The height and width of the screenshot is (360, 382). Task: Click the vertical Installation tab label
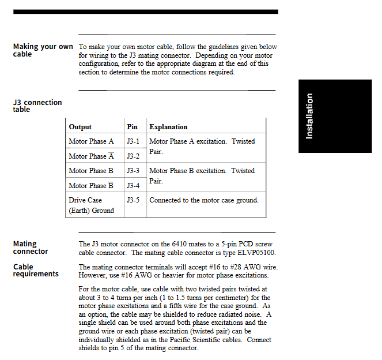point(309,116)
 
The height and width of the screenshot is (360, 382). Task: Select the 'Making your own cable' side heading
point(43,50)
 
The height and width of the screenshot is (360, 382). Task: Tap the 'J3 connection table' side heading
point(37,106)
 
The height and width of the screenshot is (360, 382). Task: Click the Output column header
point(80,127)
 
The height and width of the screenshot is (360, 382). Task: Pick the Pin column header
point(132,127)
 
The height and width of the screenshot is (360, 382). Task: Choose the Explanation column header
point(168,127)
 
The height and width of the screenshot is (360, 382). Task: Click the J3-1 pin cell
point(133,141)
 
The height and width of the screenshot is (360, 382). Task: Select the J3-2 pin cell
point(133,156)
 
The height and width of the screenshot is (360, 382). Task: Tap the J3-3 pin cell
point(133,171)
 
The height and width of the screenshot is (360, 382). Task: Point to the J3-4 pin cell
point(133,186)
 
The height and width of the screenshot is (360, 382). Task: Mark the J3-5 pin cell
point(133,200)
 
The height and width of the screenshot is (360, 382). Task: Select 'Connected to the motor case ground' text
point(203,200)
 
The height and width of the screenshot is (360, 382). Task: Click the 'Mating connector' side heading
point(31,247)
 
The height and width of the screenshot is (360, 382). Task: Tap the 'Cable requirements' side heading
point(36,270)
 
